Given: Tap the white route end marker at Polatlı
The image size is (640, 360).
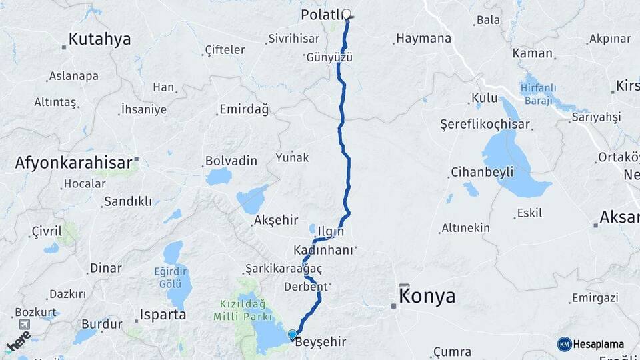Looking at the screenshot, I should coord(347,13).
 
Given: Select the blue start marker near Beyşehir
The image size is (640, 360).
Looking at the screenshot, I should coord(292,335).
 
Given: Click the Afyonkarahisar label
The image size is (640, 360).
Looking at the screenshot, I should coord(73,162).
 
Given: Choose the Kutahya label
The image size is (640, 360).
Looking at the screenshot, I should coord(100,39).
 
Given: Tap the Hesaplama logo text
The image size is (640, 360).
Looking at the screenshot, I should coord(597,344).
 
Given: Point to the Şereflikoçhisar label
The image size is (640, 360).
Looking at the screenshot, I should coord(485,125).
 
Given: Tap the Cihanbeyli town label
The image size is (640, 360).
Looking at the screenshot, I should coord(482,172).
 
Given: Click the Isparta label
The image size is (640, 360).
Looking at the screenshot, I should coord(163,315).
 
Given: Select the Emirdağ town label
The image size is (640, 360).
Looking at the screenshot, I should coord(243,110).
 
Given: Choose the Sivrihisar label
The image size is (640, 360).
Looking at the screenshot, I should coord(293,39).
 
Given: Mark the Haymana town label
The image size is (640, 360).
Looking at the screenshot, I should coord(423,39).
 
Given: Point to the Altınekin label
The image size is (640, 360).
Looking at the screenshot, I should coord(465,228).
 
